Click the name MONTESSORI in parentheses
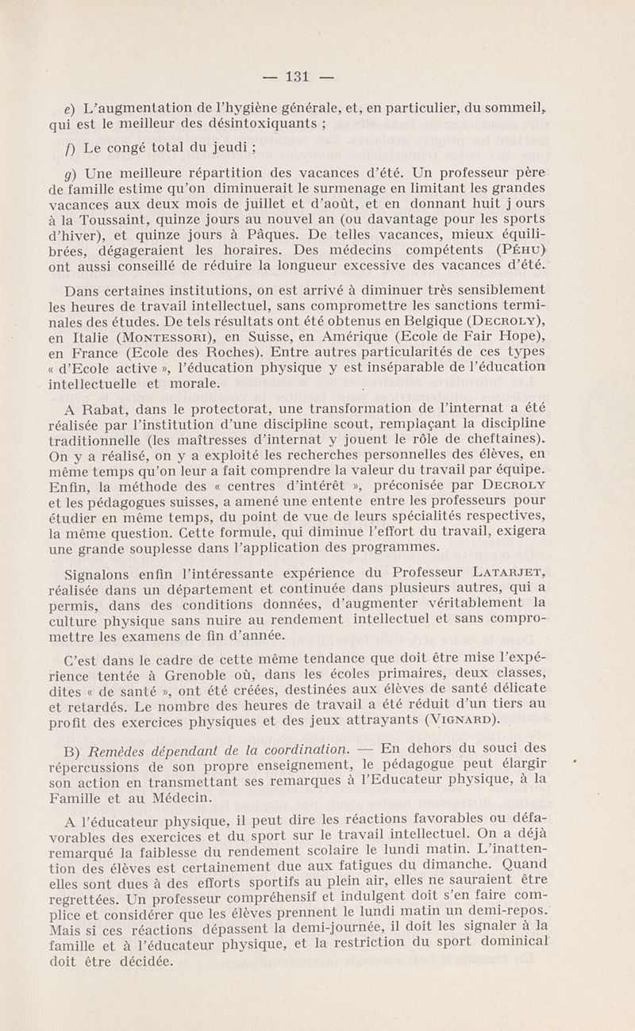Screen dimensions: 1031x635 click(146, 334)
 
